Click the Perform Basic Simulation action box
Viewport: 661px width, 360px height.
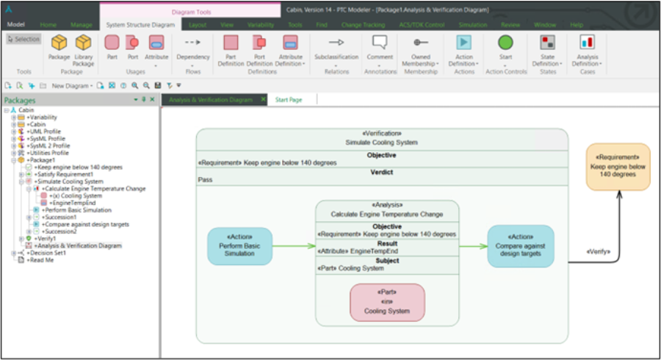click(x=239, y=246)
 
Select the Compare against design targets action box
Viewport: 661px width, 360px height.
click(x=521, y=246)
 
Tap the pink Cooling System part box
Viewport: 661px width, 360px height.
click(x=387, y=302)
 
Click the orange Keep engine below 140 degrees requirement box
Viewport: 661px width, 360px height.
click(x=618, y=166)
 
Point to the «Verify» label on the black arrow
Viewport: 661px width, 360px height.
click(x=599, y=251)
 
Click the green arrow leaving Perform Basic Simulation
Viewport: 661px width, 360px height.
click(x=293, y=246)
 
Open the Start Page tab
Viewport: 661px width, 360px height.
click(x=289, y=99)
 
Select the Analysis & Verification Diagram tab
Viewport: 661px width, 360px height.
click(x=211, y=99)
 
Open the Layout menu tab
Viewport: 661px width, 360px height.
click(x=198, y=24)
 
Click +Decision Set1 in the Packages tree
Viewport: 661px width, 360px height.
click(x=46, y=252)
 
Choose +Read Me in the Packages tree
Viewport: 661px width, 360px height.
click(x=40, y=259)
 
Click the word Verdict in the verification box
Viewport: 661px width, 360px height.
click(x=381, y=172)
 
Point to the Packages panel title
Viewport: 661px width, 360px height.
click(x=21, y=100)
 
